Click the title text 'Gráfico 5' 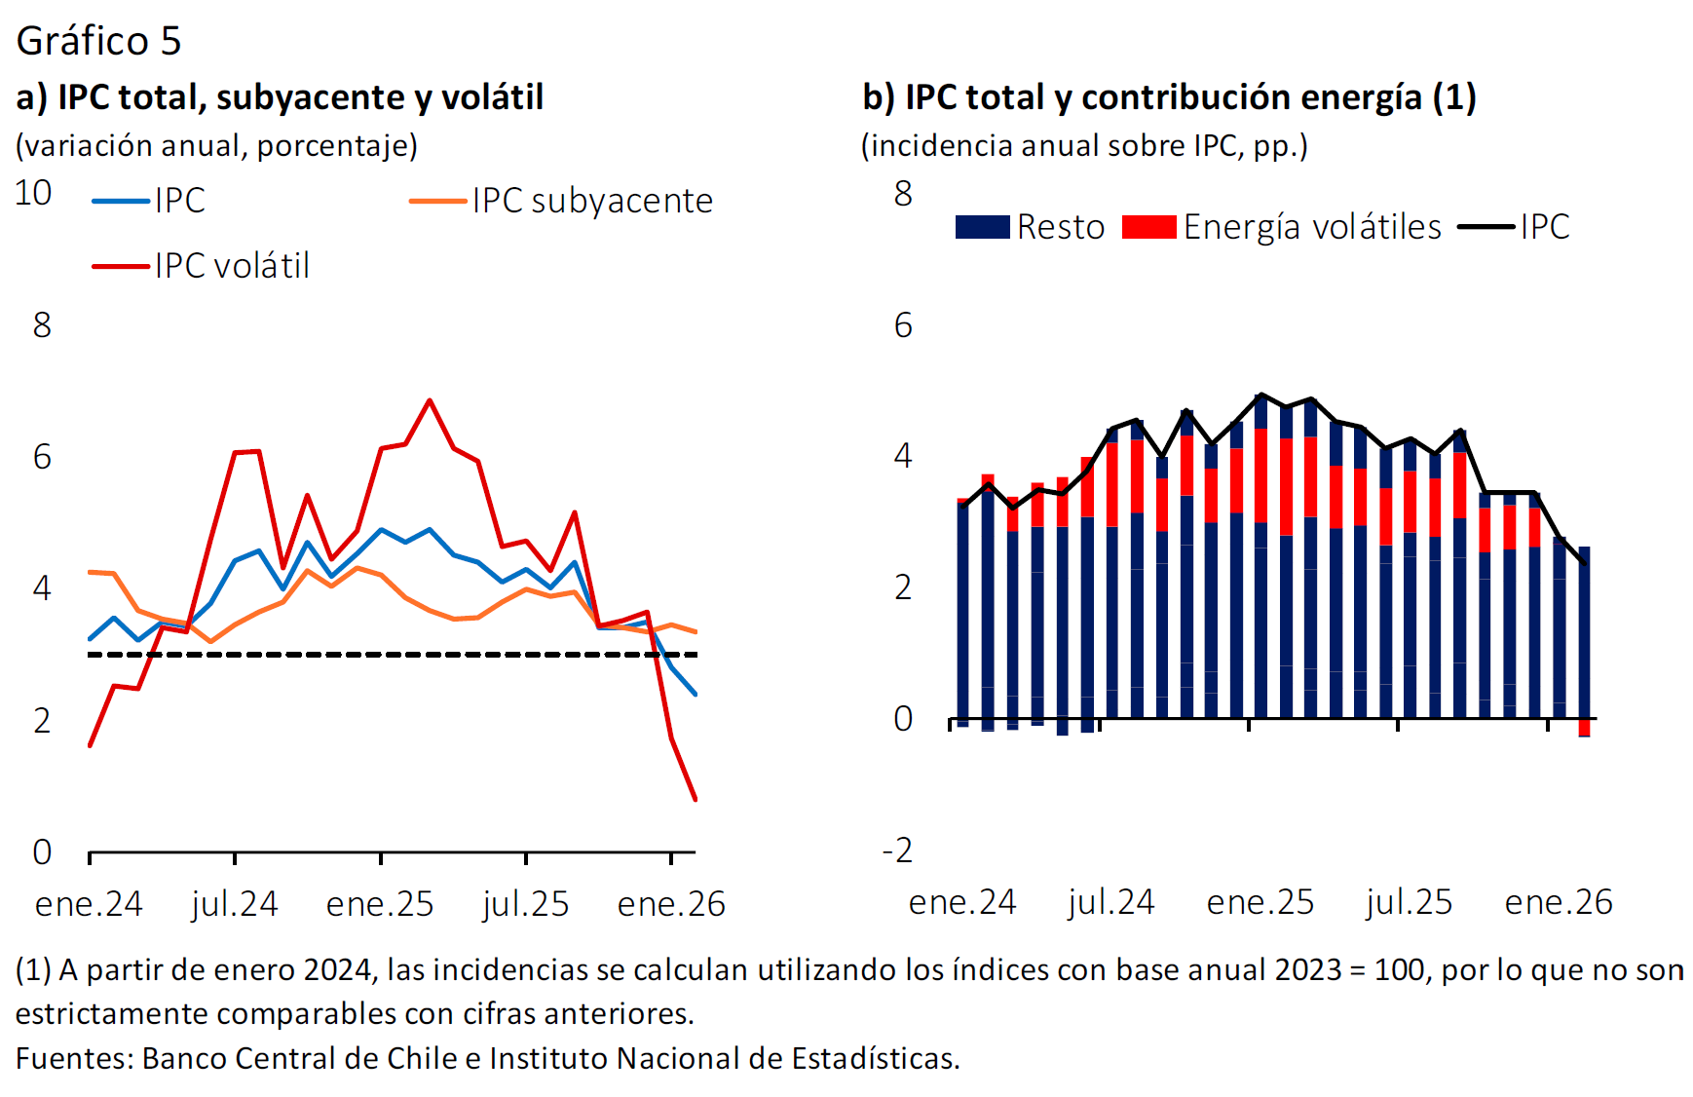click(98, 41)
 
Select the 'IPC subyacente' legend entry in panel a click(592, 201)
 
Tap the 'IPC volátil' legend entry click(232, 266)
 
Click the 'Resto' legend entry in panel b click(1060, 227)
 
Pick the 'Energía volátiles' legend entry click(1311, 227)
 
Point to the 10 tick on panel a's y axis click(33, 193)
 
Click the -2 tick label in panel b click(897, 851)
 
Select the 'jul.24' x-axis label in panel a click(235, 904)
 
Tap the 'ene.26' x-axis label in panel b click(1559, 902)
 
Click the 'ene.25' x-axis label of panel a click(380, 904)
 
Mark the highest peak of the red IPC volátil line click(430, 400)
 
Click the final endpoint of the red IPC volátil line click(696, 800)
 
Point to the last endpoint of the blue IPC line click(696, 694)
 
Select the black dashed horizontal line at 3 click(390, 655)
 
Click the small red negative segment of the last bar click(1584, 728)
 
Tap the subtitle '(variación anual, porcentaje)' click(216, 146)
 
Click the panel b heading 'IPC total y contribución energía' click(1169, 97)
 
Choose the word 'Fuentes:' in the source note click(74, 1058)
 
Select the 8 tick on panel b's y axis click(903, 193)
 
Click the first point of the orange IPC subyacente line click(90, 572)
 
